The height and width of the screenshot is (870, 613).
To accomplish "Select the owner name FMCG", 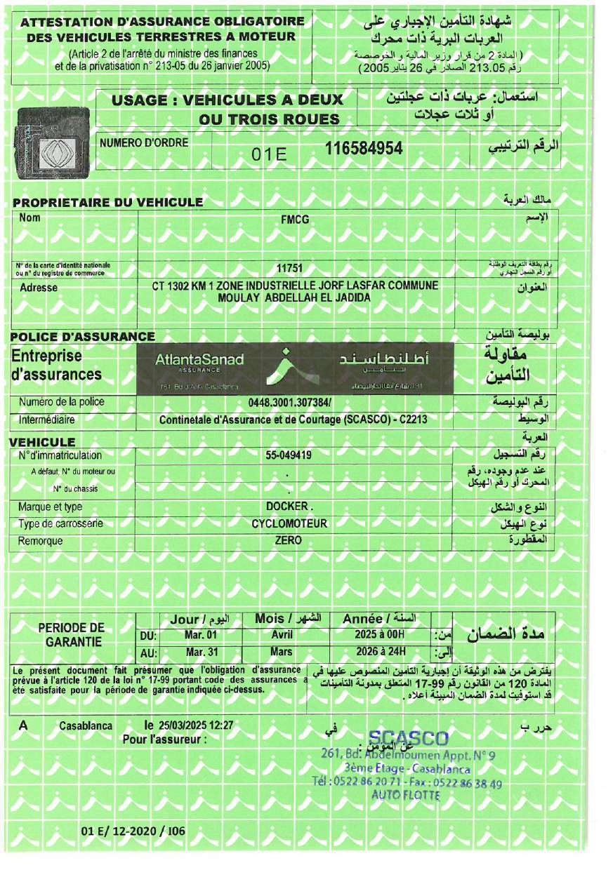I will (294, 220).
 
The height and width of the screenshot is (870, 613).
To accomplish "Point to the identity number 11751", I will (289, 267).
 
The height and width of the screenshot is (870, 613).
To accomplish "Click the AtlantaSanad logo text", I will (199, 361).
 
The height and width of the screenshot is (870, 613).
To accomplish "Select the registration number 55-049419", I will (288, 455).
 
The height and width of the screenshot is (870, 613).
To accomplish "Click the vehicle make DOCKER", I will (289, 507).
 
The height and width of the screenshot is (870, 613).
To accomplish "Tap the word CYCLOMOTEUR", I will (289, 523).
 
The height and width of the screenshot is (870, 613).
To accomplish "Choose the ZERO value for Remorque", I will (289, 540).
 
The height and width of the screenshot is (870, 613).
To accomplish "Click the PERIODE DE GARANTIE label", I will (71, 634).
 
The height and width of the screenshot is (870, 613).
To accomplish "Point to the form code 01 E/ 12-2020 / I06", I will (133, 831).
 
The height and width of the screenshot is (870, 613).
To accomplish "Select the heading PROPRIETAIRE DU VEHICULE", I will (108, 203).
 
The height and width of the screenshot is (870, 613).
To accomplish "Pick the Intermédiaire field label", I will (47, 420).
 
